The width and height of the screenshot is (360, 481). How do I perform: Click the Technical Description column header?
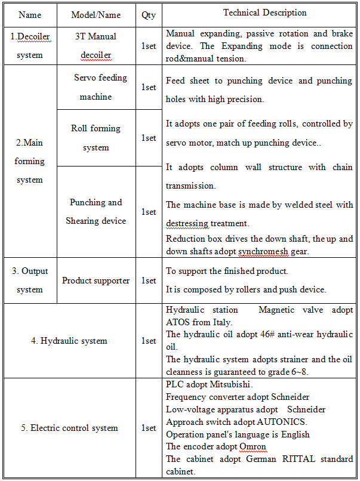pos(264,13)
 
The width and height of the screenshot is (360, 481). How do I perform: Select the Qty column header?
pos(148,14)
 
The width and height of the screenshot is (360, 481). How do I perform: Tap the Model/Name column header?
pos(96,14)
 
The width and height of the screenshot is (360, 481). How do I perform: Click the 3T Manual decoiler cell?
pos(96,46)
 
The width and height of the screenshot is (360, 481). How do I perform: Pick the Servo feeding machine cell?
pos(96,87)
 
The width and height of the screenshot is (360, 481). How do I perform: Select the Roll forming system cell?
pos(96,138)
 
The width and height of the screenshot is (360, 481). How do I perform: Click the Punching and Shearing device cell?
pos(96,211)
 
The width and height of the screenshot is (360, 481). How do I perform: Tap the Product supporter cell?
pos(96,280)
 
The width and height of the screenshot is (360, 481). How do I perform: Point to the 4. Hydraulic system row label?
pos(69,341)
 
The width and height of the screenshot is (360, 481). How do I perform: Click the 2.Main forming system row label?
pos(30,161)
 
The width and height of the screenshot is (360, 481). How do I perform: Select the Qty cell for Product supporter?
pos(148,280)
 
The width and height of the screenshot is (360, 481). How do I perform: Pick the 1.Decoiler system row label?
pos(30,46)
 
